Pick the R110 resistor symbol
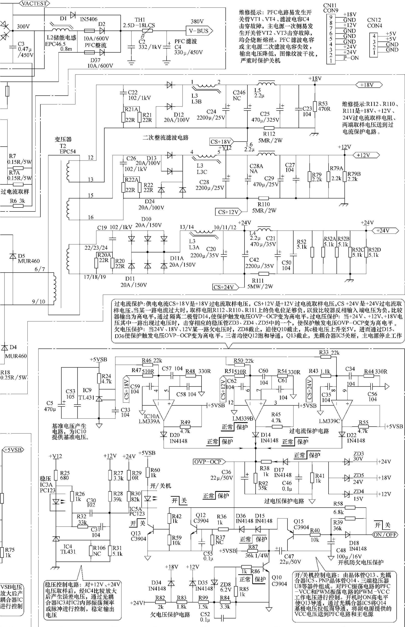click(x=264, y=198)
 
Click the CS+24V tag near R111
click(x=225, y=287)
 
